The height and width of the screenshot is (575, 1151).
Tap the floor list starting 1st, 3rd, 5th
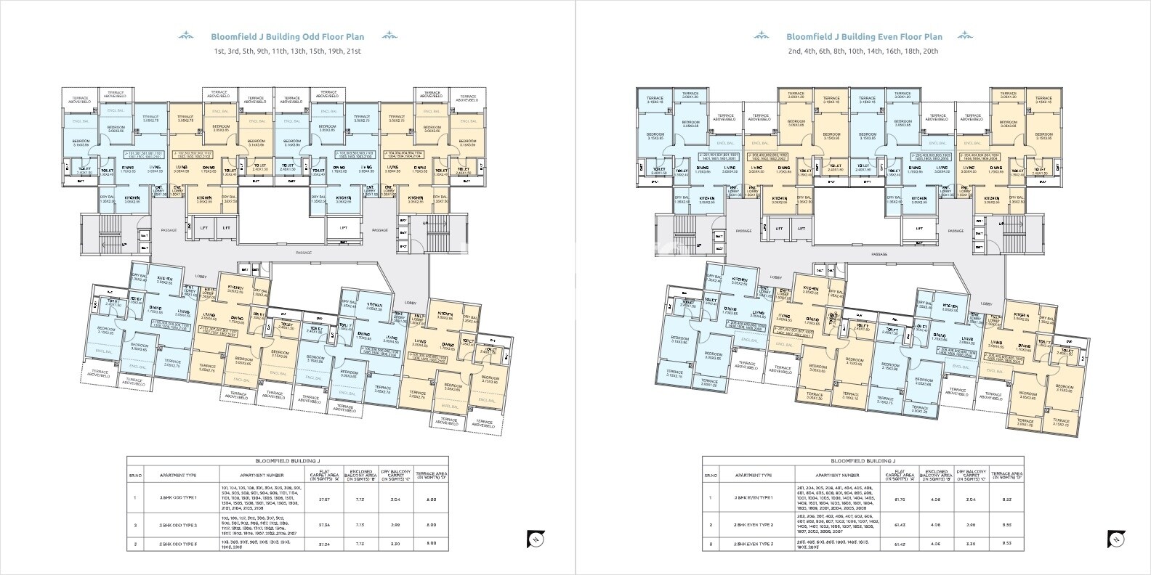tap(287, 52)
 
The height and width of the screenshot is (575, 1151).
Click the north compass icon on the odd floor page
tap(534, 539)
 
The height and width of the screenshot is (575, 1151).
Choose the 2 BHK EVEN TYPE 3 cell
tap(752, 543)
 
